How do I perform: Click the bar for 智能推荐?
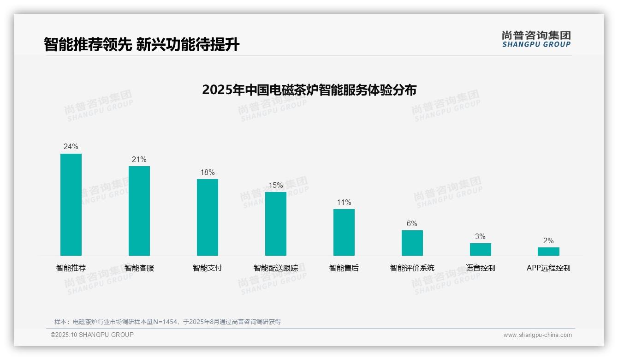71,204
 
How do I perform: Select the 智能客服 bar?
139,211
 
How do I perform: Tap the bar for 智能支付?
208,217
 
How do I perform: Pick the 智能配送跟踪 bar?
276,224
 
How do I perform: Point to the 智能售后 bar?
344,232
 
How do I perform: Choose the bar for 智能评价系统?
412,243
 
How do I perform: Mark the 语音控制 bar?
481,249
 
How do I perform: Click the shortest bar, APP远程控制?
548,252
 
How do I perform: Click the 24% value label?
71,147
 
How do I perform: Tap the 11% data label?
344,202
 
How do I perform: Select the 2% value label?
548,240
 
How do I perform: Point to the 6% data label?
412,223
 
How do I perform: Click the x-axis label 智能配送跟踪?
276,268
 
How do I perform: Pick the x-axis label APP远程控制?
548,268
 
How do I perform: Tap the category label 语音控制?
481,268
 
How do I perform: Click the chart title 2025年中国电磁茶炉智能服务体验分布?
309,90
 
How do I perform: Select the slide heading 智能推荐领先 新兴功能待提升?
142,45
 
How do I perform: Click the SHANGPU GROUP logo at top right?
536,39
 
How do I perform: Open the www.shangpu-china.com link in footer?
537,335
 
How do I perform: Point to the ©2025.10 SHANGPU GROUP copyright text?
92,335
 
